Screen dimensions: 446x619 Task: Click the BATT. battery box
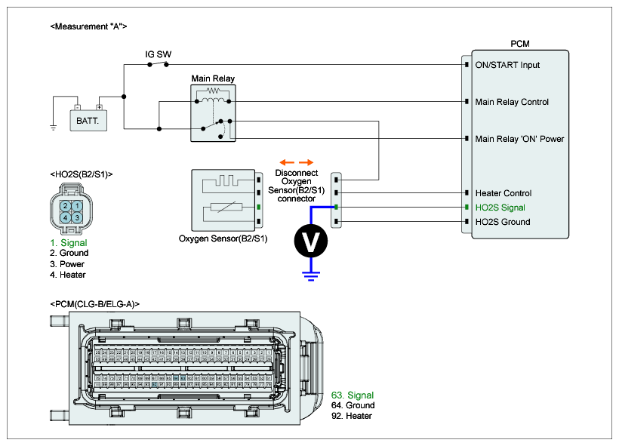pos(88,118)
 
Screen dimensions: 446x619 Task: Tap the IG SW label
pos(159,55)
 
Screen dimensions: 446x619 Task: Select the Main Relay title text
pos(214,78)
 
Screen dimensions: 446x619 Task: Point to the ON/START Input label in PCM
pos(507,65)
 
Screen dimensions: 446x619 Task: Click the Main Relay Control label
pos(512,102)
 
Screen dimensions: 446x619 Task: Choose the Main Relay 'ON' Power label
pos(519,139)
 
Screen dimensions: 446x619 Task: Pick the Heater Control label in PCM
pos(503,193)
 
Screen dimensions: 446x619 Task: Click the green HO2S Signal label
pos(500,208)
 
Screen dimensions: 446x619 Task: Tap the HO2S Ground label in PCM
pos(502,222)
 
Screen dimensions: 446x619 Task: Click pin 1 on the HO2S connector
pos(77,206)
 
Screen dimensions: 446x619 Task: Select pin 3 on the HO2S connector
pos(77,217)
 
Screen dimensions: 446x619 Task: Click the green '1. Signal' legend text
pos(68,243)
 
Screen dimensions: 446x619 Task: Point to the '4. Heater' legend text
pos(68,275)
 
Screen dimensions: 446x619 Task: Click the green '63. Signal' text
pos(353,395)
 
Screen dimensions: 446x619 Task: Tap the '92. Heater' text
pos(352,416)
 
